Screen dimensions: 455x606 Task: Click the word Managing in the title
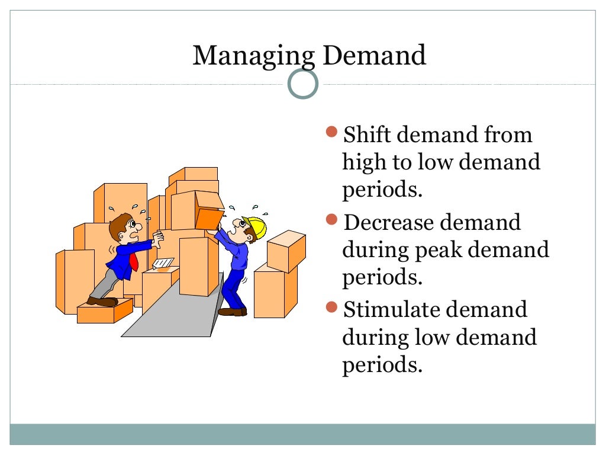click(253, 56)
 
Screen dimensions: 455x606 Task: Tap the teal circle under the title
click(303, 84)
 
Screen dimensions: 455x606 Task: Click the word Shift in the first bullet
click(367, 135)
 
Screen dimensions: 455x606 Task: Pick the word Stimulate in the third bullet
click(391, 310)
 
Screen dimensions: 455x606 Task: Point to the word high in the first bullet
click(364, 163)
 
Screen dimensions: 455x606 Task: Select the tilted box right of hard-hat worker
click(286, 250)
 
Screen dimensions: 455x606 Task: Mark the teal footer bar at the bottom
click(303, 434)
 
